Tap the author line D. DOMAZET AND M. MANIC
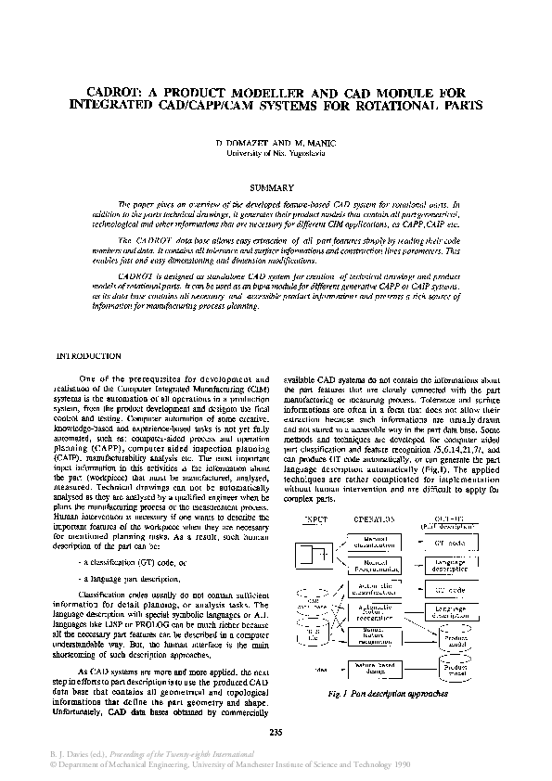click(275, 143)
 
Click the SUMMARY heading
click(275, 187)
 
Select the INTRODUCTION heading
click(89, 355)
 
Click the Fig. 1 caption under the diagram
click(389, 692)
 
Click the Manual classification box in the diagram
click(374, 541)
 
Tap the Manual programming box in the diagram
click(374, 564)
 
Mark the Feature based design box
click(374, 667)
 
